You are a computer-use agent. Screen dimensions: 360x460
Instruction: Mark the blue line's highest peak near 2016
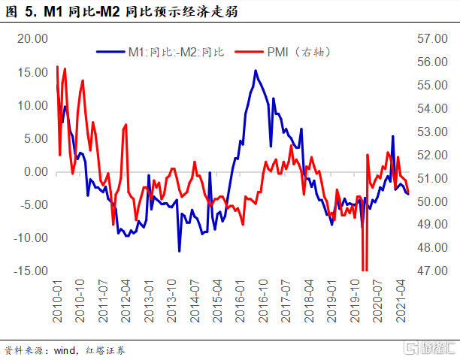click(x=256, y=71)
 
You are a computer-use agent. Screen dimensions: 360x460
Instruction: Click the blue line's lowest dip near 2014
click(x=179, y=251)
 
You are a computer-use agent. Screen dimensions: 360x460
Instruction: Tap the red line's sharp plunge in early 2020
click(x=364, y=267)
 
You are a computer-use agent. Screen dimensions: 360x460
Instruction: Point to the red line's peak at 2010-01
click(x=57, y=67)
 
